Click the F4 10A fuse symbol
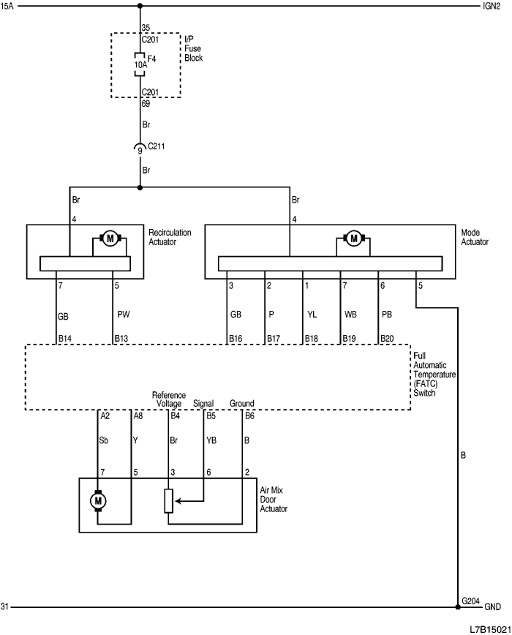139,64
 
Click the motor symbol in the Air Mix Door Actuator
97,500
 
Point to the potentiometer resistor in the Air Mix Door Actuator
168,500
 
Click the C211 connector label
157,146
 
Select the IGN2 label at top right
492,7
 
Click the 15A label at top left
8,7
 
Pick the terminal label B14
65,339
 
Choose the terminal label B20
387,339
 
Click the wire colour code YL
312,315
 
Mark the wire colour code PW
124,315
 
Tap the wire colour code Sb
105,440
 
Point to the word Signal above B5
204,403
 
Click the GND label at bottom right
492,607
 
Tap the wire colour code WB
350,315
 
